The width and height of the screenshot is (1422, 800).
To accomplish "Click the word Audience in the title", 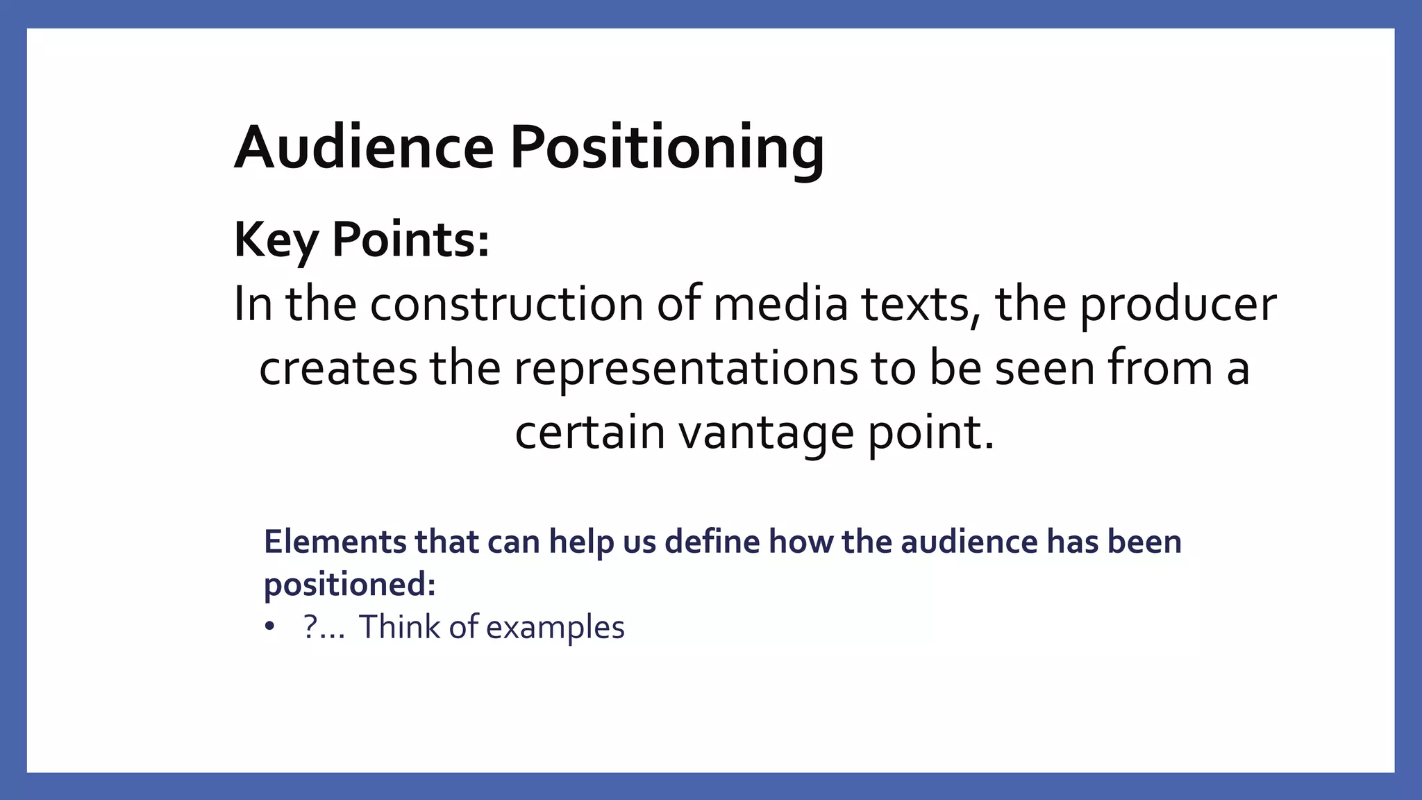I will (x=364, y=147).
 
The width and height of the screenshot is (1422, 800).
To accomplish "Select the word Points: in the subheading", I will (x=410, y=240).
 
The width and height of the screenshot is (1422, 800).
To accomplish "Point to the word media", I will (x=780, y=304).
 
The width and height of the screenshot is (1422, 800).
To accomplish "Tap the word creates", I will (x=337, y=368).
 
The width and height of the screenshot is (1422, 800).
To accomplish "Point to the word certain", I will (x=589, y=432).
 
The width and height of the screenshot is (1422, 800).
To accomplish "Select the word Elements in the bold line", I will (x=334, y=542).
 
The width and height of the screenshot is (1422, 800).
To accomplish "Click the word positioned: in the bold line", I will (x=349, y=585).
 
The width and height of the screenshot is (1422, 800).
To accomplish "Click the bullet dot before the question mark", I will (x=269, y=627).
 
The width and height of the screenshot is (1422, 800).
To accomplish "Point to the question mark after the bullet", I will (x=310, y=627).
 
